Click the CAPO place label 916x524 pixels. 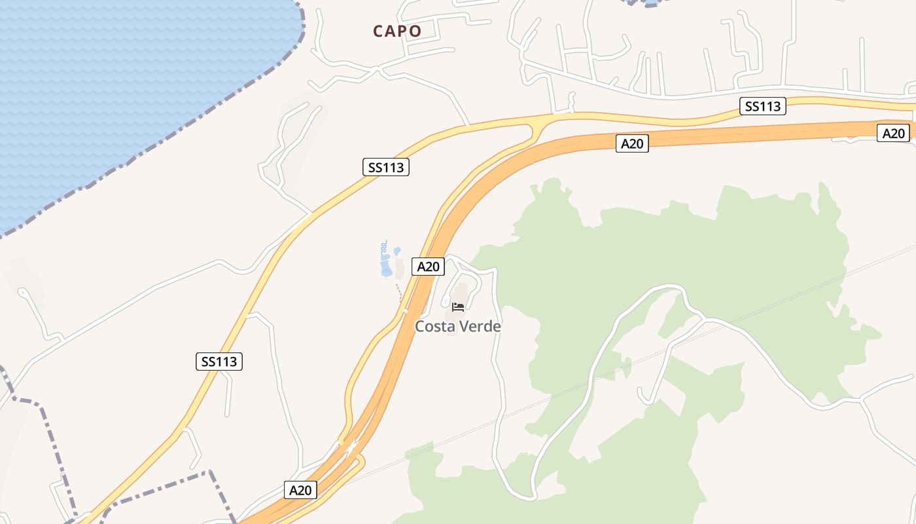[x=397, y=31]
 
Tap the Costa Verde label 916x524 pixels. [x=458, y=326]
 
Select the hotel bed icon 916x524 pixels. [x=458, y=307]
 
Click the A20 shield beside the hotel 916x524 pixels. [x=429, y=267]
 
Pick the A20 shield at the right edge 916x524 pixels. [x=893, y=134]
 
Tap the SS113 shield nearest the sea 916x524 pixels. [x=386, y=167]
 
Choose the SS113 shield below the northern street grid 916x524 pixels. [x=763, y=106]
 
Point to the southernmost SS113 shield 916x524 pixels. [x=219, y=361]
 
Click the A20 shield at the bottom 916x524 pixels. [x=301, y=490]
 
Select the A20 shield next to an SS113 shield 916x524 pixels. [x=632, y=144]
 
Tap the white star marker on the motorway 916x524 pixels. [x=351, y=449]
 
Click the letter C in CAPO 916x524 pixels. [x=378, y=31]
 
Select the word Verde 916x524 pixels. [x=480, y=326]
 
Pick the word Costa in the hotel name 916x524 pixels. [x=435, y=326]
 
